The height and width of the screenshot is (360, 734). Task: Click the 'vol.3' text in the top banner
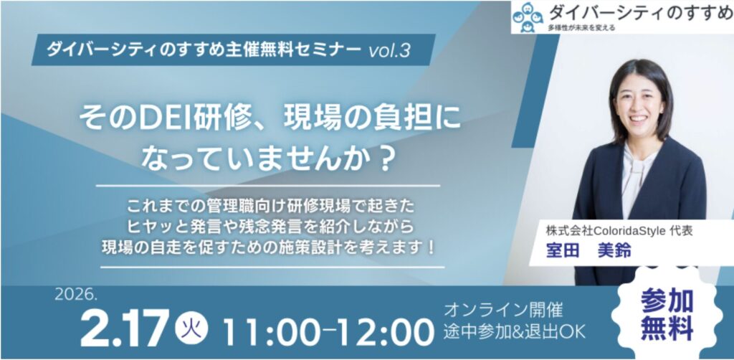click(389, 50)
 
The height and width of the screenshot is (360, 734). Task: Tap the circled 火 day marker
click(191, 325)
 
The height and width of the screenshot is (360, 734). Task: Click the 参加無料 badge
click(667, 313)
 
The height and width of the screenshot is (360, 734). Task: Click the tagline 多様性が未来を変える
click(581, 28)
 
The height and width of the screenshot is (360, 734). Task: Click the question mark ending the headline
click(381, 160)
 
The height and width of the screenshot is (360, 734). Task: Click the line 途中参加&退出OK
click(515, 331)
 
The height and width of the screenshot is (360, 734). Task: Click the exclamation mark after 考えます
click(431, 247)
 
